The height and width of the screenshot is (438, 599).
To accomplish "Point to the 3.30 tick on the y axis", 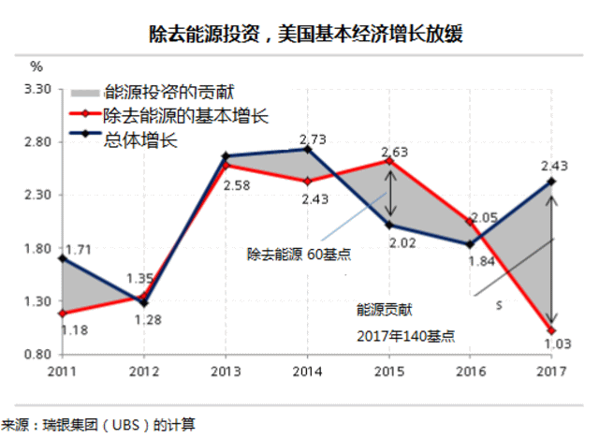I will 37,89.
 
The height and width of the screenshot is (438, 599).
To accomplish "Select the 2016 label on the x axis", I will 471,372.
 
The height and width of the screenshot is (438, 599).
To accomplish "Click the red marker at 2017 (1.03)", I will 552,331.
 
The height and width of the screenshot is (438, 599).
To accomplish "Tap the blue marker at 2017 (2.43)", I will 552,182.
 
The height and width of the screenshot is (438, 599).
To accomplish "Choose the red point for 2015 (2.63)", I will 389,160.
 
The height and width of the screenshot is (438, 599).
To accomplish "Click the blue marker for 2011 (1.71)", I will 62,258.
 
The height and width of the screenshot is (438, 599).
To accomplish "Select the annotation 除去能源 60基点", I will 298,254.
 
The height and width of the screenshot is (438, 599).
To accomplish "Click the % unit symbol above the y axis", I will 37,66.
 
